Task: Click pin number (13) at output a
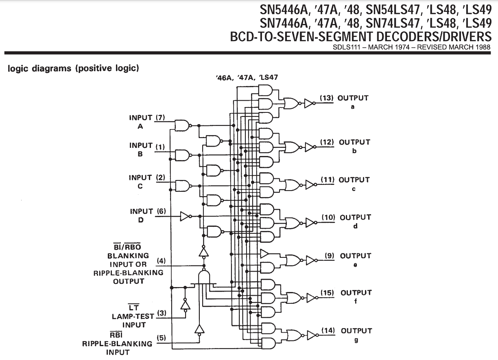click(x=327, y=98)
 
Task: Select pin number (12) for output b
click(x=327, y=142)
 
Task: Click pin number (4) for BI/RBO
click(x=162, y=261)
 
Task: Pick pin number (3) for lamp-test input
click(x=162, y=313)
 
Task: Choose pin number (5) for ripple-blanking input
click(x=162, y=338)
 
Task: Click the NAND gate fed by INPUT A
click(x=181, y=125)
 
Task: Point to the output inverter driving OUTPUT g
click(x=311, y=335)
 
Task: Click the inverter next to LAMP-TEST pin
click(x=186, y=305)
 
